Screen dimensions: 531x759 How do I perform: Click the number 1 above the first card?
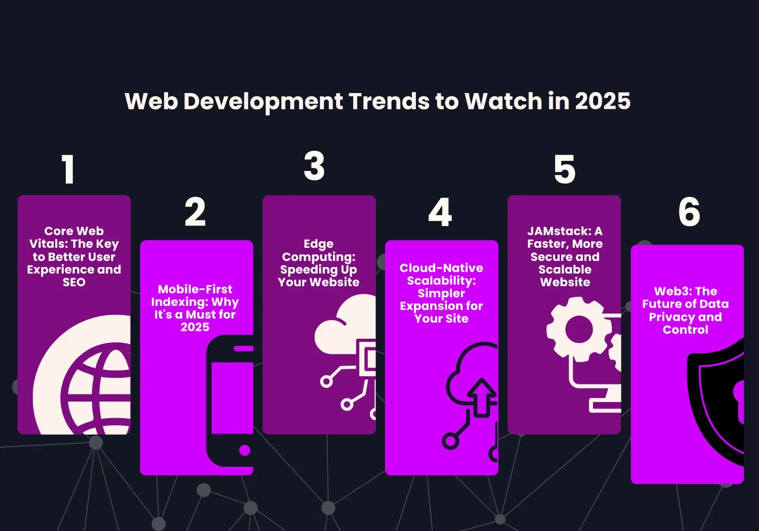[69, 169]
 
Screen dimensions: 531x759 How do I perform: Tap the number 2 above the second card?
[195, 212]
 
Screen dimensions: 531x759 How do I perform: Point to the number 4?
[440, 212]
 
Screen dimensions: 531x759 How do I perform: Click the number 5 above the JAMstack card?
[565, 169]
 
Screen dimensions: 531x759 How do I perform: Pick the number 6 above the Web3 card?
[689, 212]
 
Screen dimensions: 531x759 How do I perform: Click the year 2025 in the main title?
[603, 101]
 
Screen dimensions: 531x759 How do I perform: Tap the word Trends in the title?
[388, 101]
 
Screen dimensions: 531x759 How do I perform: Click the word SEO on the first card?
[74, 283]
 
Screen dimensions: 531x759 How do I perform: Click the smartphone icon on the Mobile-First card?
[230, 400]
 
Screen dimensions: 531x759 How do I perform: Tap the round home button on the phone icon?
[245, 450]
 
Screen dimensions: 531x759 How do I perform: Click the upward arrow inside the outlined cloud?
[482, 397]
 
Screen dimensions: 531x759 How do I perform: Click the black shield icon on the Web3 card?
[716, 400]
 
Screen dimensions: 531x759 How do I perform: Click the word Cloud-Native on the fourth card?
[441, 268]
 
